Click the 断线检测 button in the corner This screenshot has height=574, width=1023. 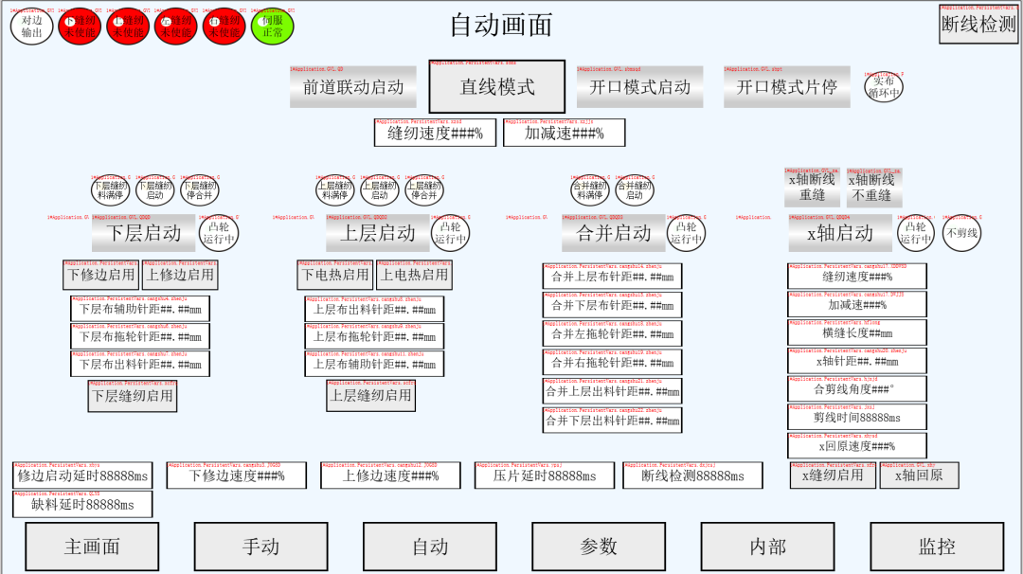tap(978, 26)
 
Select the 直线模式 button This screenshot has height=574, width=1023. tap(497, 87)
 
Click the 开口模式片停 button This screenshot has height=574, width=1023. tap(786, 87)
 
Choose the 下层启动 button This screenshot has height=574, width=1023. tap(143, 233)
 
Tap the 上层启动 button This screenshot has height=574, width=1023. tap(377, 233)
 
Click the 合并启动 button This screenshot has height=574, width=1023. tap(613, 233)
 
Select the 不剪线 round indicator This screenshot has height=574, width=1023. tap(963, 233)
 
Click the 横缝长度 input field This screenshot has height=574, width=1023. tap(856, 333)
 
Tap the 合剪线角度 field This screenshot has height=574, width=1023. tap(856, 389)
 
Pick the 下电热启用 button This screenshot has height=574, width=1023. tap(335, 275)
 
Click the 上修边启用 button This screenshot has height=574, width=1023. tap(180, 275)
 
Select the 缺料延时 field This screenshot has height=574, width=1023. tap(83, 505)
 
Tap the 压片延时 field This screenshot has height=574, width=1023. tap(545, 476)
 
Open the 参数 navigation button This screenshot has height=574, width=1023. tap(599, 547)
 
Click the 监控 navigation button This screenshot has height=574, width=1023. tap(937, 547)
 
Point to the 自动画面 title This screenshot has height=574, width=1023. tap(500, 26)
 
